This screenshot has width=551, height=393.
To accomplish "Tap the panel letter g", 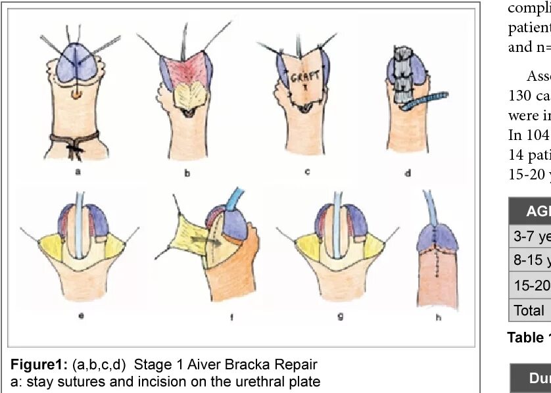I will click(340, 315).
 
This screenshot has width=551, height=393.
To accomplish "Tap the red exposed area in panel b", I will click(186, 70).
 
